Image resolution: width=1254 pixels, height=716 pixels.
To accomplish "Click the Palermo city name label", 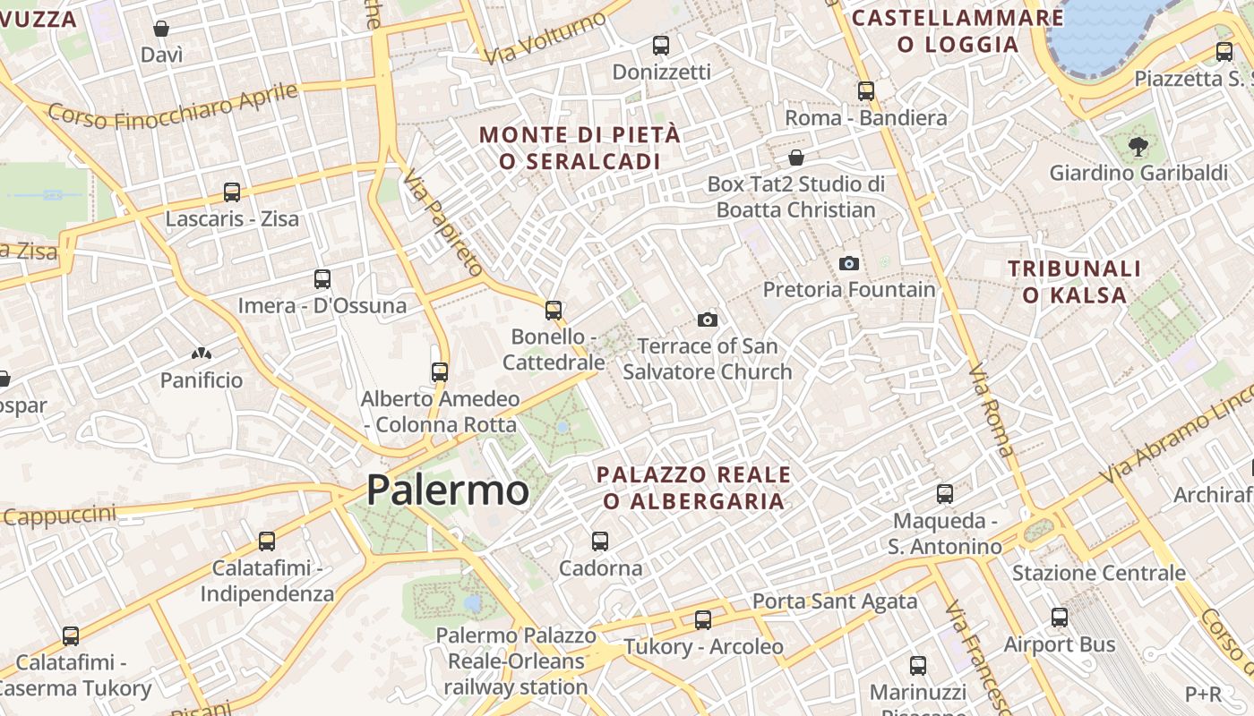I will [x=447, y=490].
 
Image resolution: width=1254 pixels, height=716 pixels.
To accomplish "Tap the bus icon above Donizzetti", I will [x=661, y=45].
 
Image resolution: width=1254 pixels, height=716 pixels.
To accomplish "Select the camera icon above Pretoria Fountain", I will [x=848, y=263].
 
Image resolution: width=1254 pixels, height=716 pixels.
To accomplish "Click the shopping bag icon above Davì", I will [x=161, y=30].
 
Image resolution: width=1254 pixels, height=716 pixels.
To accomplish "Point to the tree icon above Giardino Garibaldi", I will [x=1138, y=146].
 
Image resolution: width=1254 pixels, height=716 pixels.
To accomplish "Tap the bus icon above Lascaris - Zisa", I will [x=232, y=192].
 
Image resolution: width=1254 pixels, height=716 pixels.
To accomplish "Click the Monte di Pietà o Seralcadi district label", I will [x=580, y=149].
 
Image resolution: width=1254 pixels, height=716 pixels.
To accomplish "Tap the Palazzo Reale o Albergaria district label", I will [x=694, y=488].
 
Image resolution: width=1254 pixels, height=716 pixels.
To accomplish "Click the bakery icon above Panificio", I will [x=201, y=354].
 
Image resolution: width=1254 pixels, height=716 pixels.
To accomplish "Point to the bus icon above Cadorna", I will [x=600, y=541].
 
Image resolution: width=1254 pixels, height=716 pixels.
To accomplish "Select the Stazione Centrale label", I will [x=1098, y=573].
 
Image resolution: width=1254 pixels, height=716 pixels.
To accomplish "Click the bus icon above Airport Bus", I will [x=1060, y=618].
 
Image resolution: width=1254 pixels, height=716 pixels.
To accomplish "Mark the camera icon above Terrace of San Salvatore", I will [x=708, y=320].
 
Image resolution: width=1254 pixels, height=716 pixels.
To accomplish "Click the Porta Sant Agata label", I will [x=834, y=601].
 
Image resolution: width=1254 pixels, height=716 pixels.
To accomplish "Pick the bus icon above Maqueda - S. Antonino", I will [x=945, y=494].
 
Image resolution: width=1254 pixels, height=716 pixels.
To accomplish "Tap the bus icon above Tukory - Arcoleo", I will [x=703, y=619].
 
